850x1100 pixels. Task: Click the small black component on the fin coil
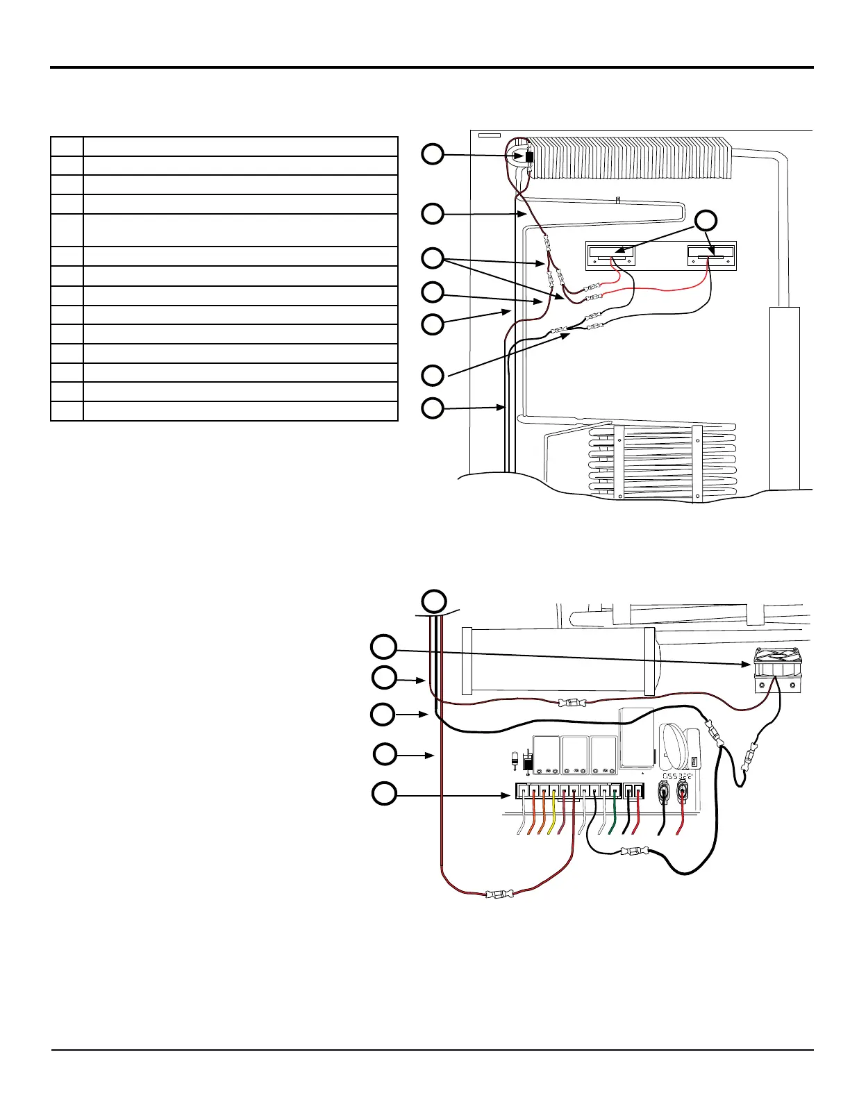(x=530, y=158)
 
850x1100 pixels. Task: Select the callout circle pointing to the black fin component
(x=433, y=153)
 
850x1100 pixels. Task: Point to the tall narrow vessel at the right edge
(x=785, y=396)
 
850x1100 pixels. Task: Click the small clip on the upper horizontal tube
(x=617, y=201)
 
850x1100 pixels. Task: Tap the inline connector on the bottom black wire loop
(x=634, y=851)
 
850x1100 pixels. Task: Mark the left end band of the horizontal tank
(x=467, y=660)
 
